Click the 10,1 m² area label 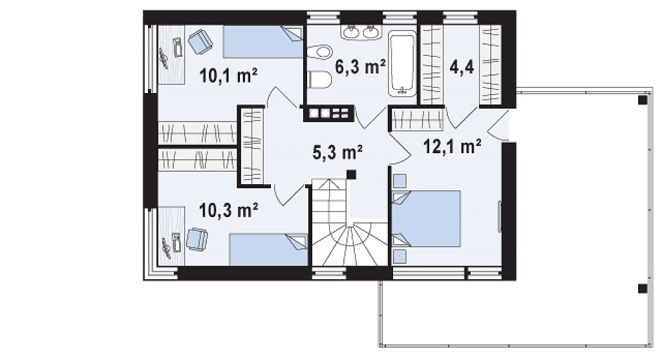pos(228,76)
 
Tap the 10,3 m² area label pos(228,210)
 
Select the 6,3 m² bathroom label pos(360,67)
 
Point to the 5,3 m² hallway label pos(337,153)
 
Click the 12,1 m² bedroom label pos(452,147)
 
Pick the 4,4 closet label pos(462,67)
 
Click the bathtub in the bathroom pos(402,63)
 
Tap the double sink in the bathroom pos(361,32)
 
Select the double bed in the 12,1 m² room pos(427,218)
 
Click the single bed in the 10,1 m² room pos(262,42)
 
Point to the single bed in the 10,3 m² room pos(268,250)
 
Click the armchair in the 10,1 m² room pos(200,41)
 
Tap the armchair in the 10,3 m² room pos(197,239)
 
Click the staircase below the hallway pos(350,222)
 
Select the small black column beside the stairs pos(351,175)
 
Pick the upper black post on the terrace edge pos(642,100)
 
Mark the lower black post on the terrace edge pos(642,289)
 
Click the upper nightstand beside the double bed pos(400,181)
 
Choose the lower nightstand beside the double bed pos(400,256)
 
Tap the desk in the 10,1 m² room pos(171,54)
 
